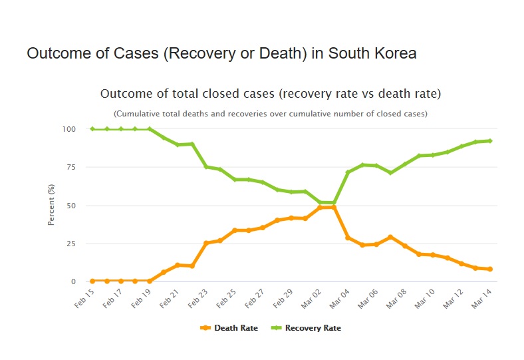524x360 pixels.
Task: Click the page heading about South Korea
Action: (x=221, y=54)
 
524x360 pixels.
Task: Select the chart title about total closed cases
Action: (x=270, y=93)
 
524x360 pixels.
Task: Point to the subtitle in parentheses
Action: (x=270, y=114)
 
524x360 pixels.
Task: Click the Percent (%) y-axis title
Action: (x=51, y=205)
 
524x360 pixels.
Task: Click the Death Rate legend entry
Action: (x=229, y=328)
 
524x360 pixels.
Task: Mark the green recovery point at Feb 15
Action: (x=93, y=129)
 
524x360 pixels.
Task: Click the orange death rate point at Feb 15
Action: (x=93, y=281)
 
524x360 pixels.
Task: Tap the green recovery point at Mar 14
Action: (x=490, y=140)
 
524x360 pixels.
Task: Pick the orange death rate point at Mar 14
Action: (x=490, y=269)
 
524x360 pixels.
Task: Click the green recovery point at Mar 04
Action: (x=348, y=172)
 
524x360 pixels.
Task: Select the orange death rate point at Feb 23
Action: (x=206, y=243)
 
